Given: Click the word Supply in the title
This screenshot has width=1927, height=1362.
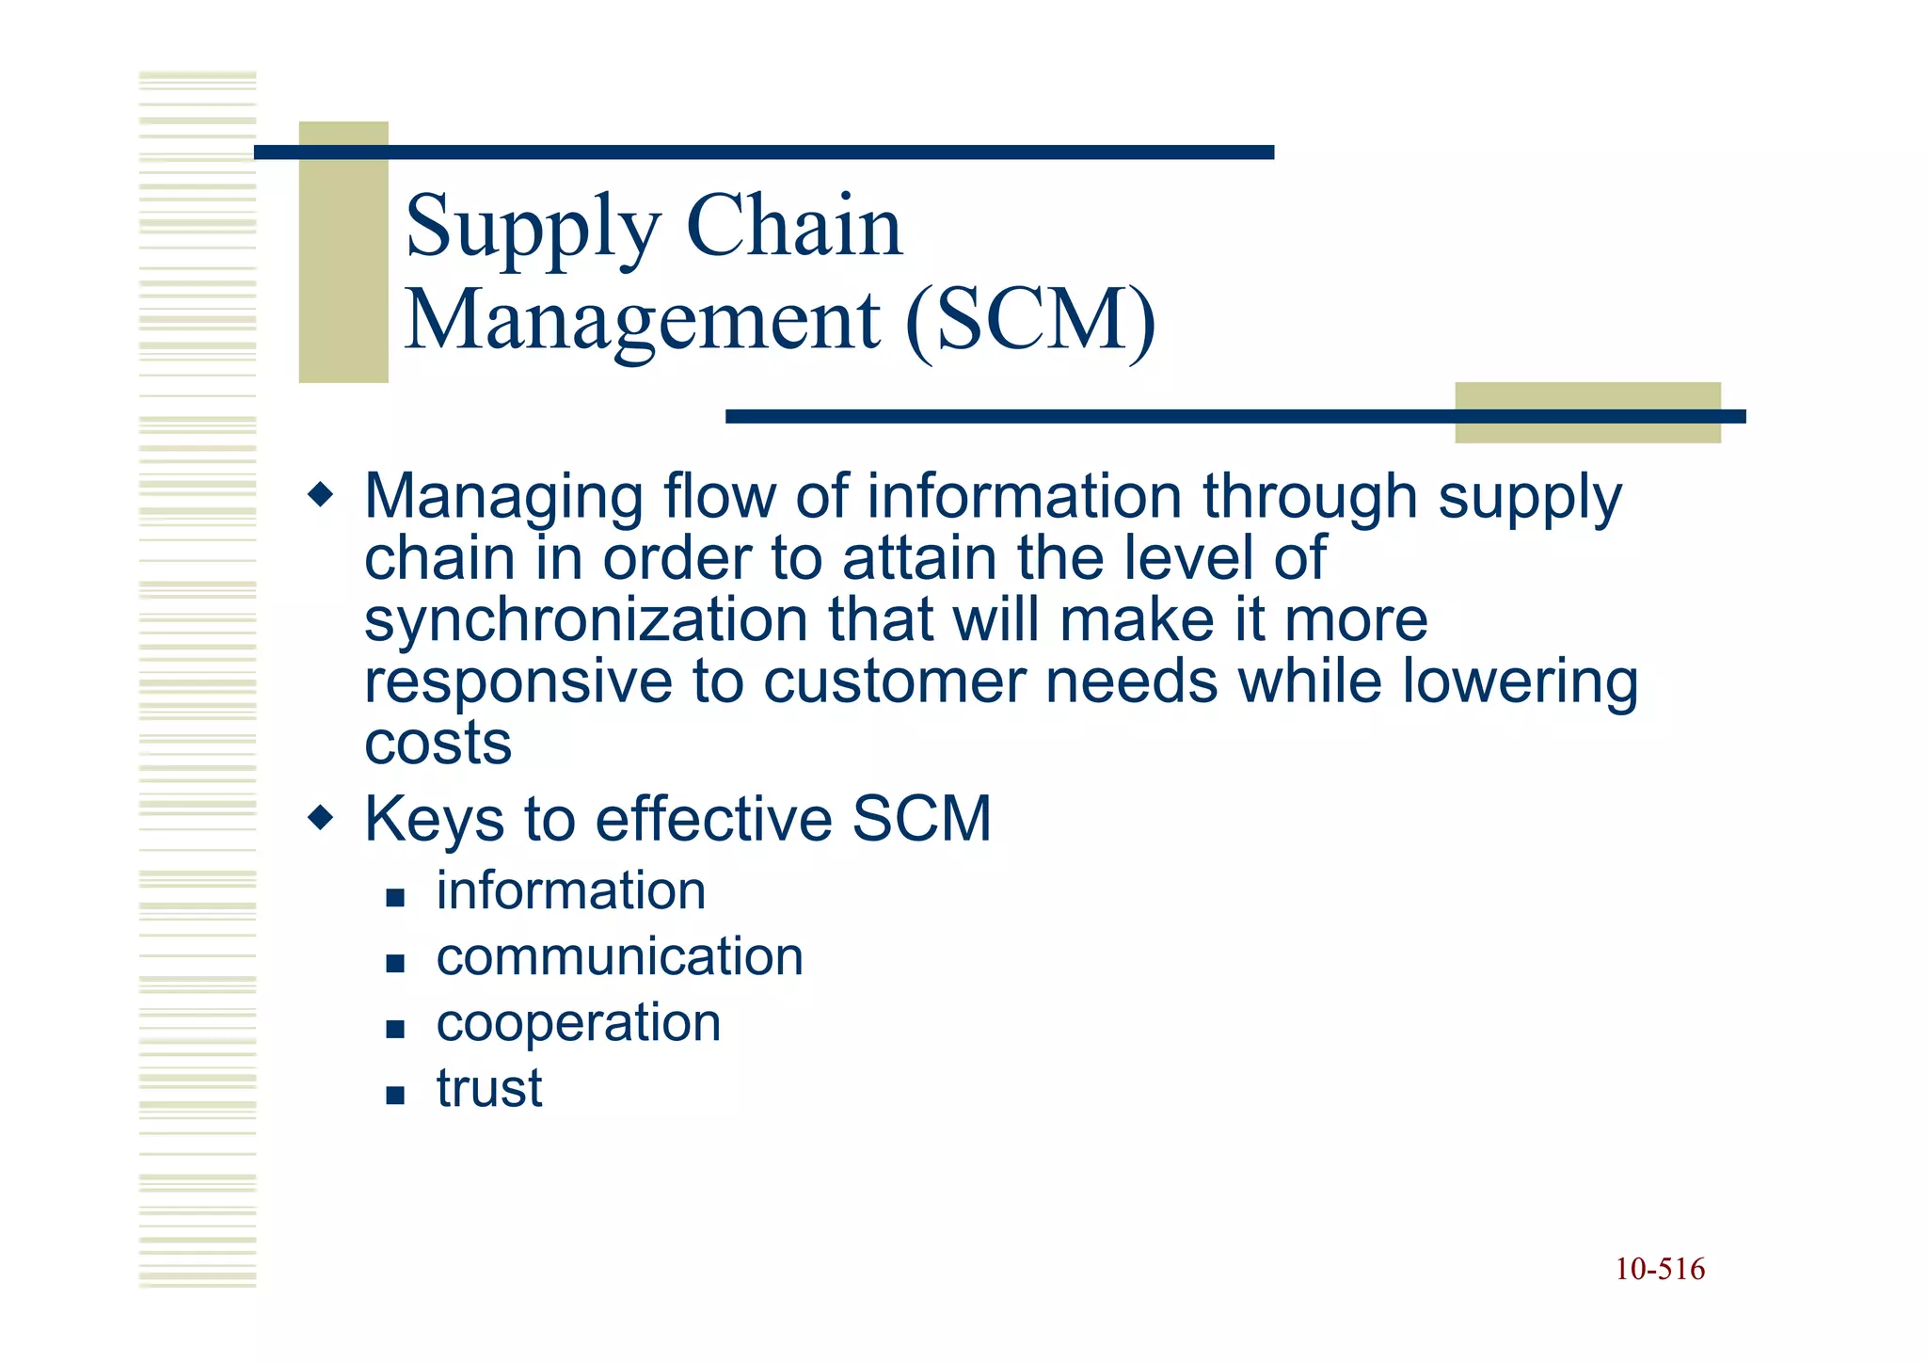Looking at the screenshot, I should (x=533, y=228).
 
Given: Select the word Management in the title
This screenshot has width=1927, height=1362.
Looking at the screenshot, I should (x=643, y=320).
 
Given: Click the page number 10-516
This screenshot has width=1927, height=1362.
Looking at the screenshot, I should (x=1660, y=1269).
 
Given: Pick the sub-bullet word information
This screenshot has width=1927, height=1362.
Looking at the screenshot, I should (x=570, y=890).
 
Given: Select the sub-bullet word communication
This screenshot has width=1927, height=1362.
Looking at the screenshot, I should (x=619, y=956).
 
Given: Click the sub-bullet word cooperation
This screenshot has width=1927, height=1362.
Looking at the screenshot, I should (x=578, y=1022).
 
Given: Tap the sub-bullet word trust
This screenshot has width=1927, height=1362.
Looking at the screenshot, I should (x=488, y=1088).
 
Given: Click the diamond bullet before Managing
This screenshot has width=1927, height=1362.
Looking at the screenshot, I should (x=321, y=493).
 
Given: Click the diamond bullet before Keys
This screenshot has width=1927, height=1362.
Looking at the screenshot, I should (x=321, y=816).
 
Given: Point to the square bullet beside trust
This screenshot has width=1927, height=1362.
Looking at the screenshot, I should (x=395, y=1095).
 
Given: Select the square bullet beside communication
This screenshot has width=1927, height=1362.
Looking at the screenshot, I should (x=395, y=963).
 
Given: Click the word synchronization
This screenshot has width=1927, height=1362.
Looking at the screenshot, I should (x=585, y=621).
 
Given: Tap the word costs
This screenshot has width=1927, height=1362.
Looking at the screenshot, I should (x=438, y=744).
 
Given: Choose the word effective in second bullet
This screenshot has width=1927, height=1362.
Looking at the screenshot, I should (x=713, y=818).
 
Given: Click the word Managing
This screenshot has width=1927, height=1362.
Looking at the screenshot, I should (x=502, y=497).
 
